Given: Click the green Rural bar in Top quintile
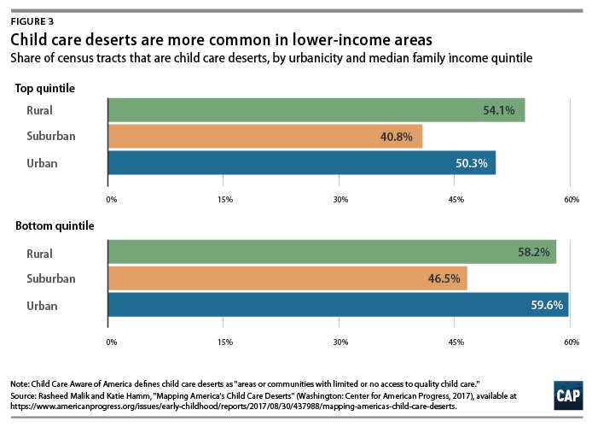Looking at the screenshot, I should tap(316, 110).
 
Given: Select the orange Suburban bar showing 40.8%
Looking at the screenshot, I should tap(264, 137).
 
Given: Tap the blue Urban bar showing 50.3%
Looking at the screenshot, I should tap(301, 163).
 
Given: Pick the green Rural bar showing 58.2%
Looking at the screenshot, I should tap(332, 253).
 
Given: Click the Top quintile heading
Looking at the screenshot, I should tap(44, 88).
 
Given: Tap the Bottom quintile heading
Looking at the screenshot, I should tap(55, 226).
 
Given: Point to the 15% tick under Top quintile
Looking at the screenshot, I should tap(226, 199).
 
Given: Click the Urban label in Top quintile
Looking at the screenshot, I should tap(39, 163).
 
